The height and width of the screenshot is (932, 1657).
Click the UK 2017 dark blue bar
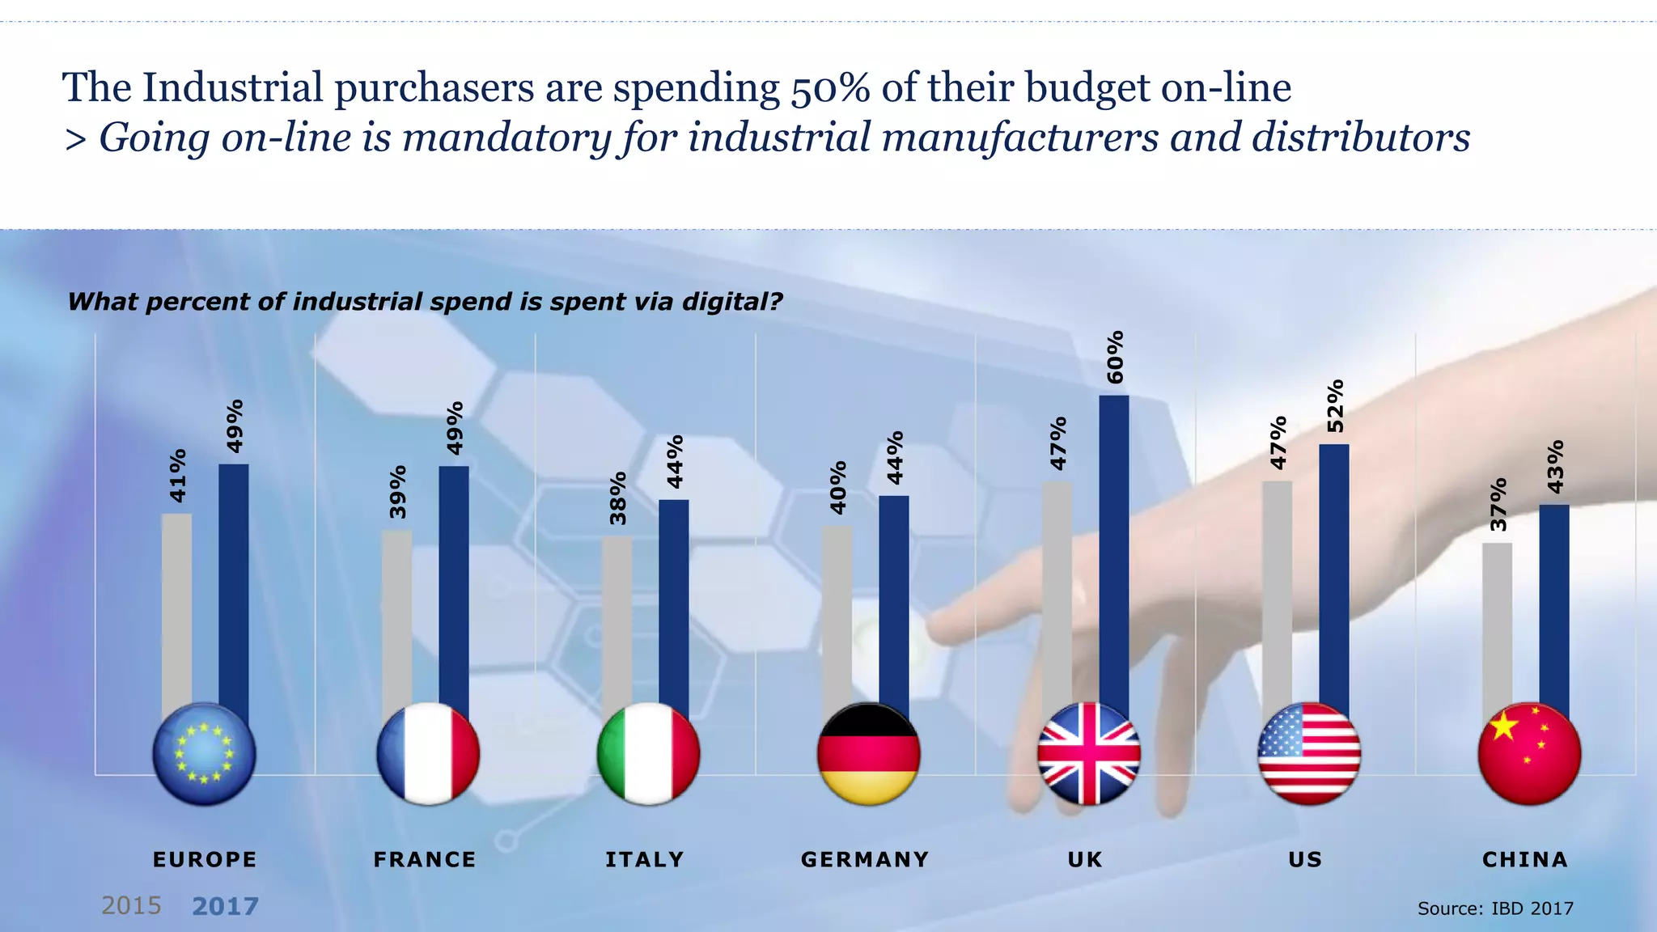coord(1113,550)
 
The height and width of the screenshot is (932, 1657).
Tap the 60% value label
coord(1115,357)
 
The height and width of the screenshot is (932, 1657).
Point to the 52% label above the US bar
coord(1335,406)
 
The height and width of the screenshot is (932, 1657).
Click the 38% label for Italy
coord(618,498)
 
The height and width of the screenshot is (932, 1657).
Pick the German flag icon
coord(868,753)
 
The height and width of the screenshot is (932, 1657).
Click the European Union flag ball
coord(204,753)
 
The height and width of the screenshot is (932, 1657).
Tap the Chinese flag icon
coord(1528,753)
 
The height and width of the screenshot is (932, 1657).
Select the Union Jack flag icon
coord(1088,753)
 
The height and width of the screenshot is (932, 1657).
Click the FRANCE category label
coord(425,859)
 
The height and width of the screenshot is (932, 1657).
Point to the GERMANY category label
coord(865,859)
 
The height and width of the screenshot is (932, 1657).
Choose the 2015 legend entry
coord(131,905)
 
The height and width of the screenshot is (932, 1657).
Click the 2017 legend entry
coord(225,906)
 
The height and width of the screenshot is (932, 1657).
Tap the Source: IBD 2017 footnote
coord(1495,909)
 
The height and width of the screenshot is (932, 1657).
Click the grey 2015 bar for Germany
coord(837,615)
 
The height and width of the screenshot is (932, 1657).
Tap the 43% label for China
coord(1555,467)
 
